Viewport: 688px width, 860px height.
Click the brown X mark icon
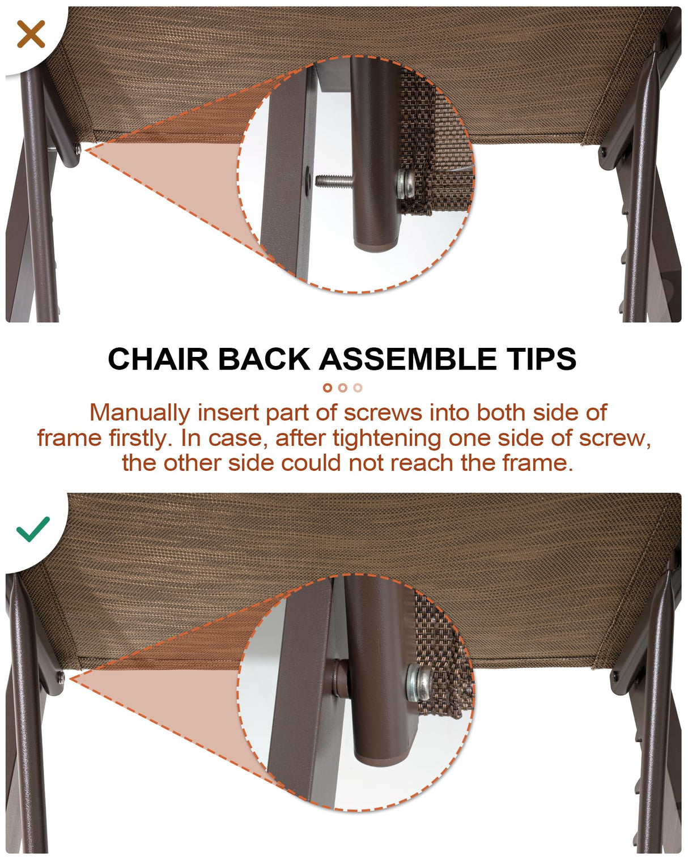click(31, 34)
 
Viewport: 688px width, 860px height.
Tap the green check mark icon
click(33, 529)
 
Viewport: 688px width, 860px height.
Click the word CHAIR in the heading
click(158, 359)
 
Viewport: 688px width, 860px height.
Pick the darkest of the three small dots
click(327, 388)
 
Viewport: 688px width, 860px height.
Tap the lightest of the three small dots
click(358, 388)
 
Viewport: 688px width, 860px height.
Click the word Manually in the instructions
click(139, 413)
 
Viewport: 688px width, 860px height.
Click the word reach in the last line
click(423, 463)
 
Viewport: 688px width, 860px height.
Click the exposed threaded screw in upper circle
click(332, 181)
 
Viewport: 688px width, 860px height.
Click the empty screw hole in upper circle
click(306, 180)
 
